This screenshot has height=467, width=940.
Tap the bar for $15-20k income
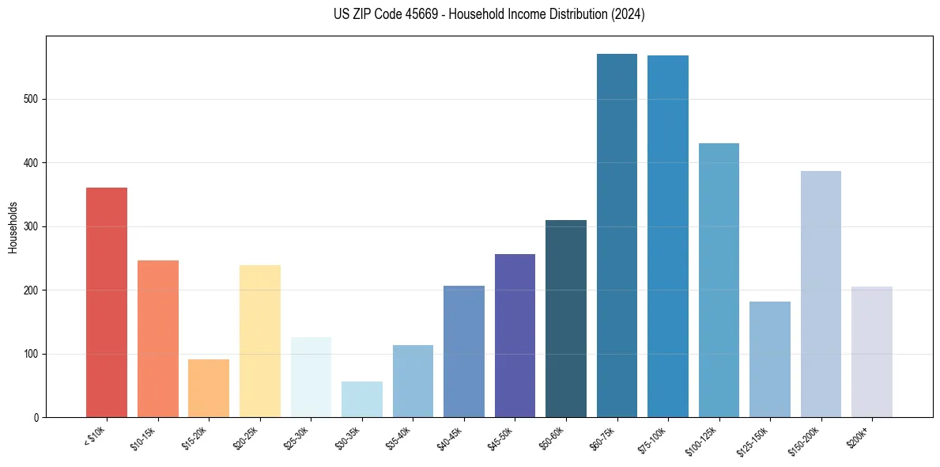209,388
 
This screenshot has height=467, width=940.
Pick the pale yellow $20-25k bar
260,341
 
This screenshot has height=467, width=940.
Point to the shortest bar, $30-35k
362,399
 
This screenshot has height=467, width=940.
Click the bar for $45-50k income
515,336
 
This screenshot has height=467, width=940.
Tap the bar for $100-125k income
719,280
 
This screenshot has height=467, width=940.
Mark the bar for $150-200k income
821,294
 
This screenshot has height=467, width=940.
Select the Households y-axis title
13,227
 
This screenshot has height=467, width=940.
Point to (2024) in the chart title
629,14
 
